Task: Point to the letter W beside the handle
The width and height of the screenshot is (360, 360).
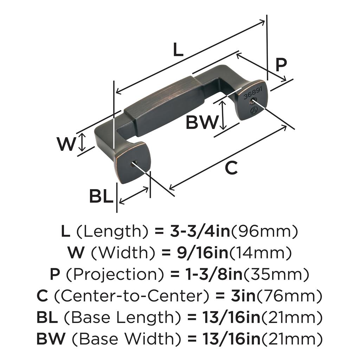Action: (66, 144)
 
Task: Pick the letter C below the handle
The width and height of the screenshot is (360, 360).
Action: (231, 168)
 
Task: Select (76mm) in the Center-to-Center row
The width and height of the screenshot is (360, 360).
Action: (290, 296)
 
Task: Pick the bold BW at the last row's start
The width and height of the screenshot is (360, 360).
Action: (51, 339)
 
